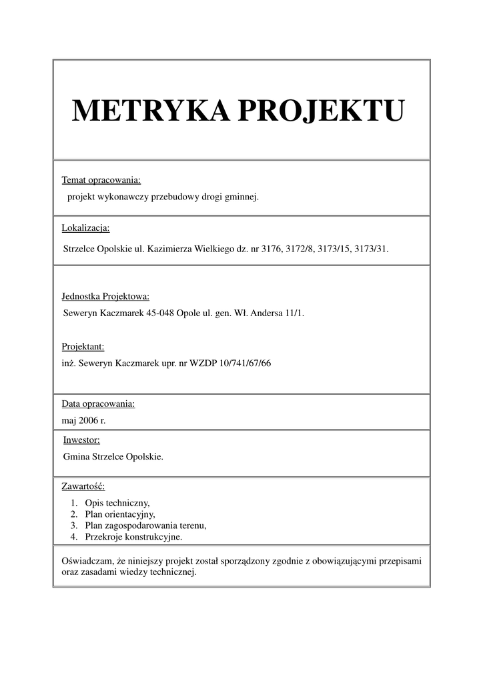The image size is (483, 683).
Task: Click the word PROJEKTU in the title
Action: point(321,110)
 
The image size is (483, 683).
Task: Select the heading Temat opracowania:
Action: point(101,180)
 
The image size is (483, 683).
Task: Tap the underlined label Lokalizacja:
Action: point(85,228)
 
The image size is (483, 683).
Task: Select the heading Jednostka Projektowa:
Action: point(105,296)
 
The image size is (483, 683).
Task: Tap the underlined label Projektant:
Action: point(83,347)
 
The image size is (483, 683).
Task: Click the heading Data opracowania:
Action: point(98,404)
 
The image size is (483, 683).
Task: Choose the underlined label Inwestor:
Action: point(81,440)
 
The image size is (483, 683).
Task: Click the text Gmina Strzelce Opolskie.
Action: point(112,457)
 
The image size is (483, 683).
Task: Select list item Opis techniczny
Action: point(117,503)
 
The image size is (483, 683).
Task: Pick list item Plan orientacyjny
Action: point(120,514)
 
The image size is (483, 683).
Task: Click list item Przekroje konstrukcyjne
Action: point(133,536)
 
